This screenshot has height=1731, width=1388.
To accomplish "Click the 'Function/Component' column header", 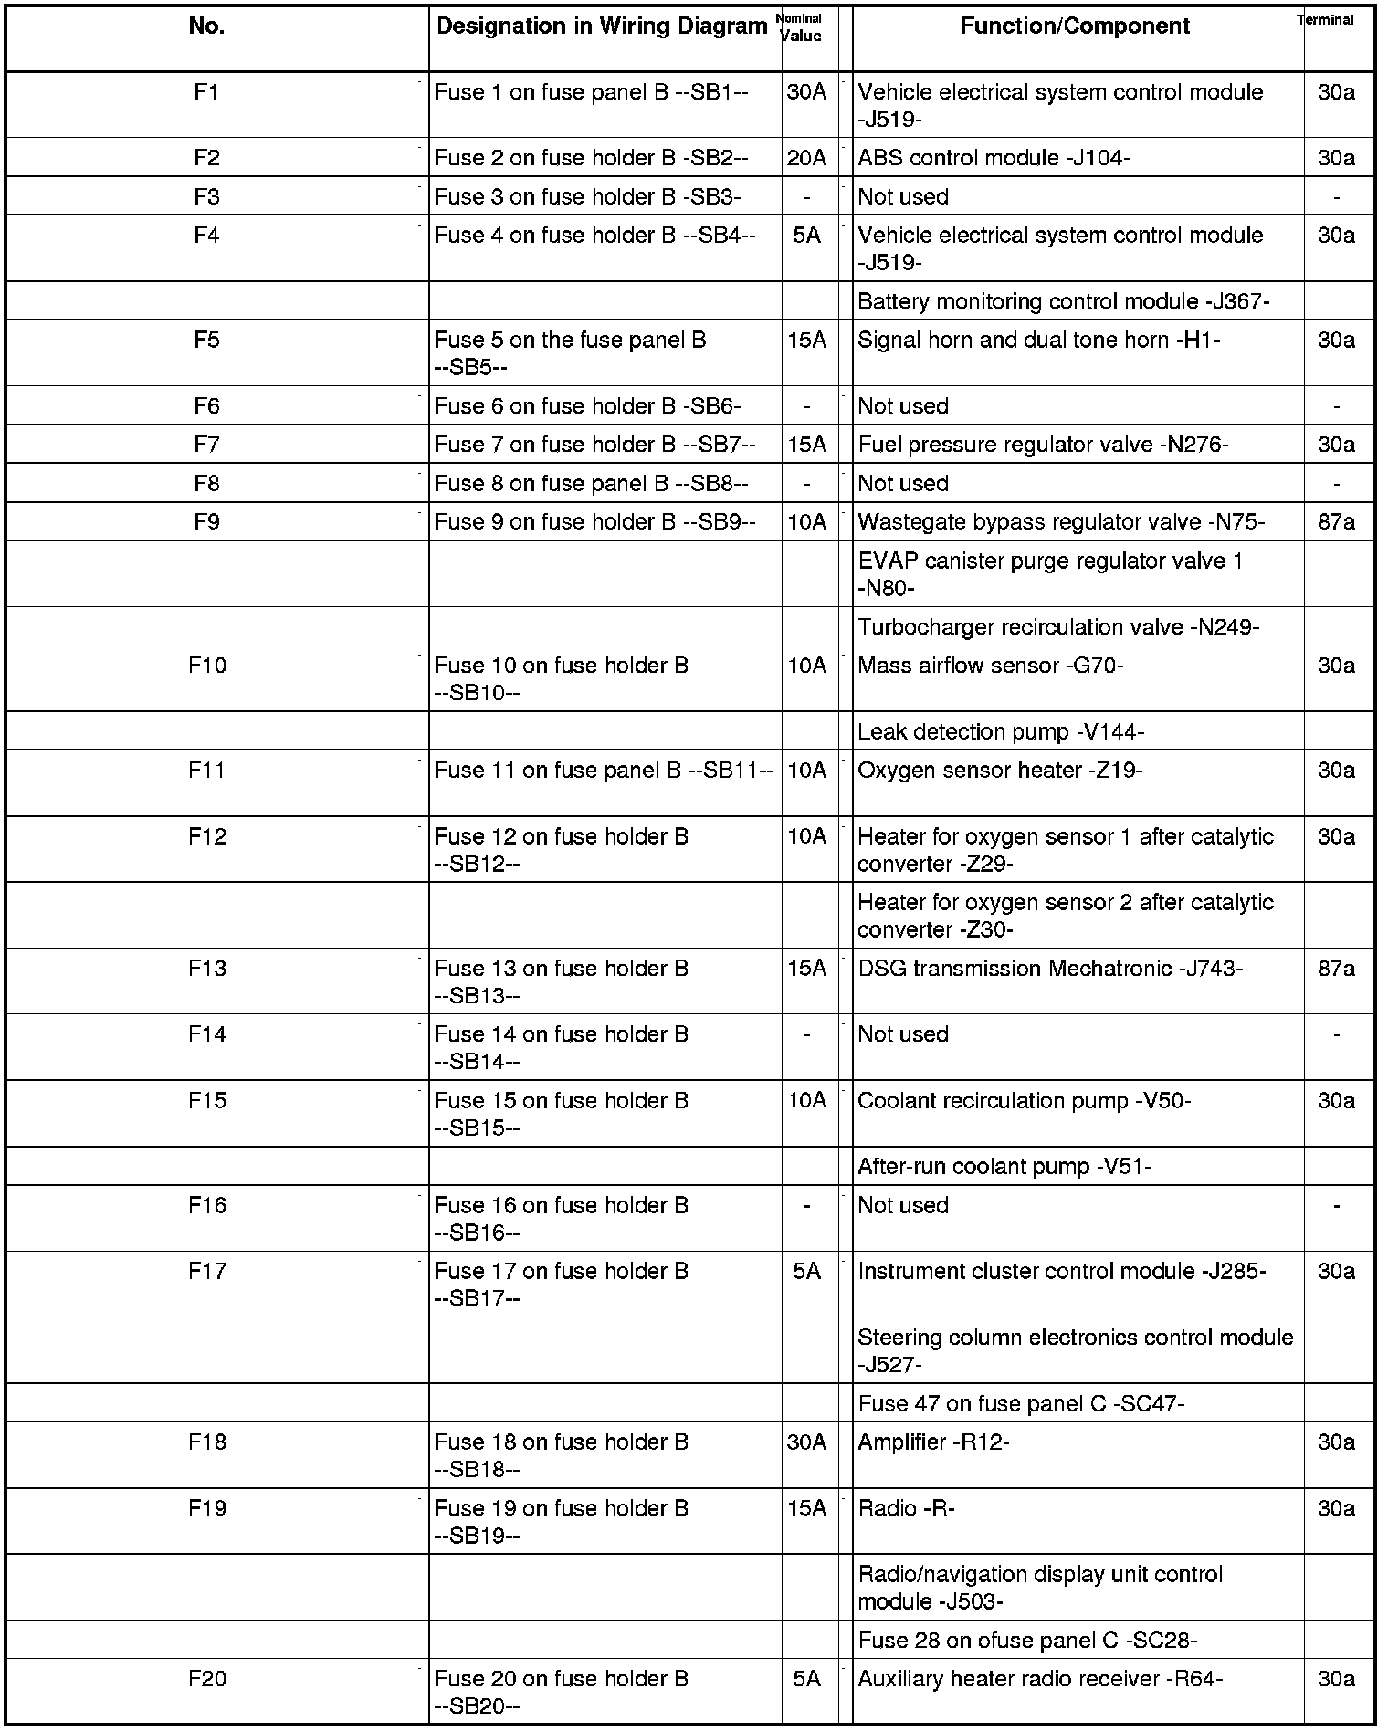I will pos(1075,26).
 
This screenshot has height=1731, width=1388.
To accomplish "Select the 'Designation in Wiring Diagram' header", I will pos(601,26).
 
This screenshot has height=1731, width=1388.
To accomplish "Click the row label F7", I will pos(207,445).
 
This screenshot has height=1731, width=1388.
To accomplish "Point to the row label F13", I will pos(207,969).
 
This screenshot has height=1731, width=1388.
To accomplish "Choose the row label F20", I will pos(207,1679).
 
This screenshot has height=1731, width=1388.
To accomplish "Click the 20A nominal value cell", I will pos(806,158).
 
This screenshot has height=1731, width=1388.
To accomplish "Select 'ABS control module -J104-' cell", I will pos(994,158).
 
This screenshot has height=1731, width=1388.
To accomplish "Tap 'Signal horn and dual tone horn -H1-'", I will pos(1039,341).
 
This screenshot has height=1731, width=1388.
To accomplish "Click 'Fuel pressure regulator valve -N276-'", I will pos(1043,445).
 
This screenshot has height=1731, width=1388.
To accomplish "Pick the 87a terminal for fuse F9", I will pos(1336,522).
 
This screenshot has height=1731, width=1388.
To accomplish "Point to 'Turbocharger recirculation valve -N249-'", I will pos(1058,627).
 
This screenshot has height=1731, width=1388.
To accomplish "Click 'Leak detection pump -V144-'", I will pos(1001,732).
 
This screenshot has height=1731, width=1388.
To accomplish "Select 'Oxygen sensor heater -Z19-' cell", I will pos(1000,771).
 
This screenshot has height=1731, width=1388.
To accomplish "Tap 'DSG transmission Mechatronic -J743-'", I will pos(1050,969).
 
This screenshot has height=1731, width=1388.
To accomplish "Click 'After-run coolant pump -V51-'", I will pos(1004,1167).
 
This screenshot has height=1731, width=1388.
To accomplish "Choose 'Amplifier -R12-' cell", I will pos(933,1442).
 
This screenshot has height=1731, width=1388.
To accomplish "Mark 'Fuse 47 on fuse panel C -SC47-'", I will pos(1021,1403).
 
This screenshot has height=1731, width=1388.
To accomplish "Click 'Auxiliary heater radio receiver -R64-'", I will pos(1040,1679).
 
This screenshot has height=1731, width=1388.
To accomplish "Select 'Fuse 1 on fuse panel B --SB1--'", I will pos(592,92).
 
